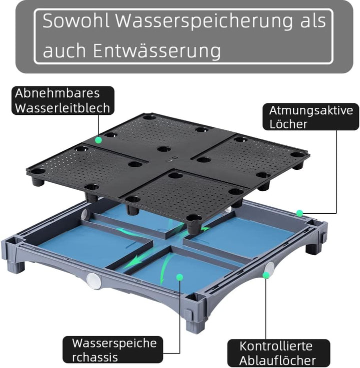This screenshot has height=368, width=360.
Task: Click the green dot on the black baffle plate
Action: click(98, 140)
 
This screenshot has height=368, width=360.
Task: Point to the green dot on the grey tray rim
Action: click(299, 213)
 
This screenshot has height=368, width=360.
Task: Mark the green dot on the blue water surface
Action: click(180, 276)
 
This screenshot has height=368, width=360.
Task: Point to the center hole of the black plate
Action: click(164, 149)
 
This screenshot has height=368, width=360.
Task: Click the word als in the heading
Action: click(312, 21)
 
